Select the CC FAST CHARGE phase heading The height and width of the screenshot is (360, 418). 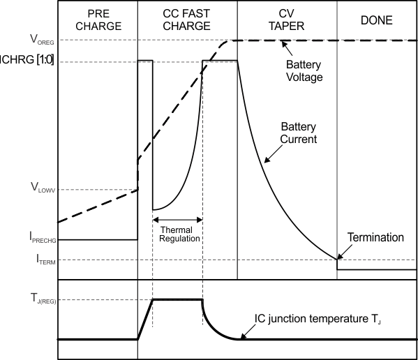186,20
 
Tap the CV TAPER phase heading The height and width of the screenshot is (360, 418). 287,20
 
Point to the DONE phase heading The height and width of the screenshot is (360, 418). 377,20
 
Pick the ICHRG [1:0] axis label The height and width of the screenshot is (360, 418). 29,61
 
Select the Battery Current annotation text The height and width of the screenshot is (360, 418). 299,133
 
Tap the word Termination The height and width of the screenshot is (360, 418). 375,238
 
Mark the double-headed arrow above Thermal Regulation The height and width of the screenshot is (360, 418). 177,220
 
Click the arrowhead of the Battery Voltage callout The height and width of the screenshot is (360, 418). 283,45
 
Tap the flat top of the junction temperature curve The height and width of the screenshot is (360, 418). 177,299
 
